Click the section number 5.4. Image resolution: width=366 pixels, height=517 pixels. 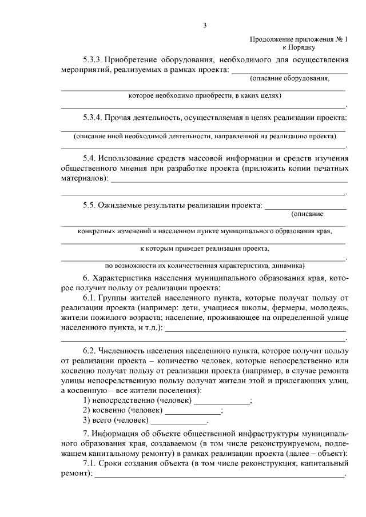coord(89,157)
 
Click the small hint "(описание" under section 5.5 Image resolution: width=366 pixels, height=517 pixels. coord(307,214)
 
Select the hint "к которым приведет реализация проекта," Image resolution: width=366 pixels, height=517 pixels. coord(204,249)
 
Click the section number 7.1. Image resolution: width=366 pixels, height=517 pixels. coord(89,463)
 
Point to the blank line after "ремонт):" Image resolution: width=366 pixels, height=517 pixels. coord(220,474)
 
